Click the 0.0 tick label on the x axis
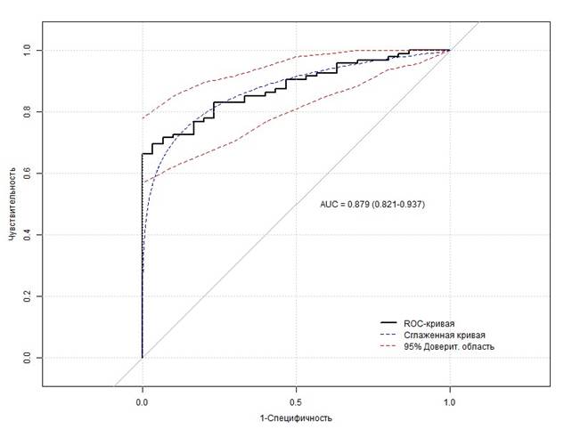click(143, 401)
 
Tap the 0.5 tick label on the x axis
click(297, 401)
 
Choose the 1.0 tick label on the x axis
click(450, 401)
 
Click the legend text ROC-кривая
click(429, 322)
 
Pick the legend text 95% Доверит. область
click(449, 345)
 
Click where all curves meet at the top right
click(449, 50)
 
